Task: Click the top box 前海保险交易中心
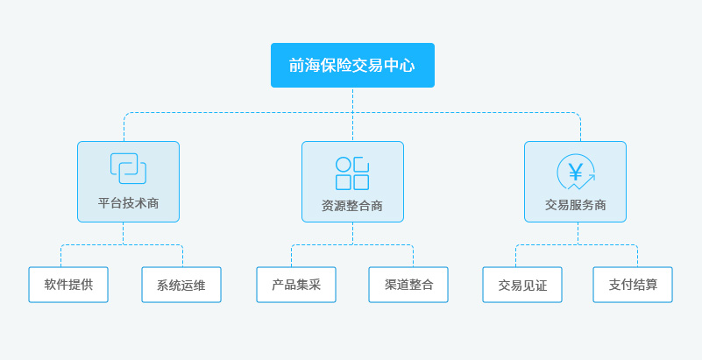[x=352, y=65]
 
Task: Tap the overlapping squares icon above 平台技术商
[x=128, y=168]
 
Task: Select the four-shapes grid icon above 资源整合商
[x=352, y=173]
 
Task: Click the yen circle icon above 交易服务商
[x=576, y=172]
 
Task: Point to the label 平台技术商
[x=128, y=203]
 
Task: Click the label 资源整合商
[x=352, y=207]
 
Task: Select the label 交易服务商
[x=576, y=205]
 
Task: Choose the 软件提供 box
[x=68, y=285]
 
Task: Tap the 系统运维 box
[x=181, y=285]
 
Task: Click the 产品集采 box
[x=296, y=285]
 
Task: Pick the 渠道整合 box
[x=408, y=285]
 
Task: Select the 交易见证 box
[x=522, y=285]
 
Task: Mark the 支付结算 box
[x=633, y=285]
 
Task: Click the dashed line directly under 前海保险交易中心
[x=352, y=100]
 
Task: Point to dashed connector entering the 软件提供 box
[x=60, y=257]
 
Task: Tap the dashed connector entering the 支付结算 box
[x=637, y=257]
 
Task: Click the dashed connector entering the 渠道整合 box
[x=413, y=257]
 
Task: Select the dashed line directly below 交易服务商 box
[x=578, y=233]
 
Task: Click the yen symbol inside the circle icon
[x=575, y=170]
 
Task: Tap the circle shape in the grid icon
[x=344, y=165]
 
